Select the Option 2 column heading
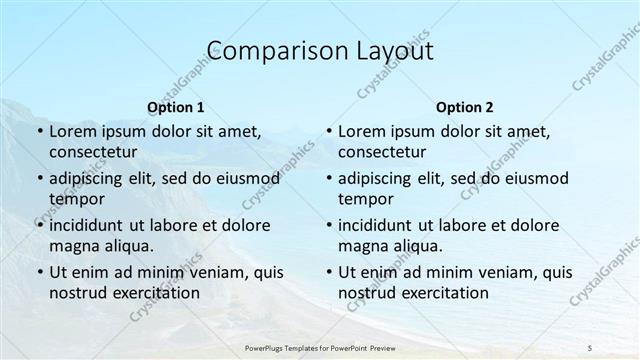point(464,107)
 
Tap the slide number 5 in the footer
point(589,347)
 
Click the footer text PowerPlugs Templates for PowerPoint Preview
point(320,347)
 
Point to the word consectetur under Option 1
point(93,152)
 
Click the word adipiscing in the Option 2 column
point(380,179)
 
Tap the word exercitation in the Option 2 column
point(444,293)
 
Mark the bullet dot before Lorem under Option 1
point(39,132)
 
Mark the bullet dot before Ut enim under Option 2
point(328,272)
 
